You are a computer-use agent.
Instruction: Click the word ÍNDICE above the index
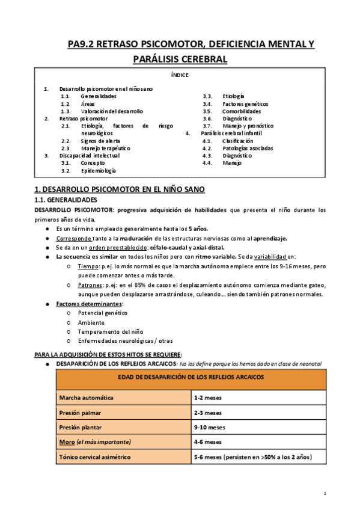click(180, 75)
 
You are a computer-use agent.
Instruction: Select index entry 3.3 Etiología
click(233, 96)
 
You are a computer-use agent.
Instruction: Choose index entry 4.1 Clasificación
click(238, 141)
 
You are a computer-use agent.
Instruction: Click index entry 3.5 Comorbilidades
click(242, 111)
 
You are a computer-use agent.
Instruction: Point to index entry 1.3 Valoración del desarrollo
click(112, 111)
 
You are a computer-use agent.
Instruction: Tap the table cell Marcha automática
click(85, 398)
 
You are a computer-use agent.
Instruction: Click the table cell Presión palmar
click(80, 413)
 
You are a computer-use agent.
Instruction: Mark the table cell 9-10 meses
click(209, 428)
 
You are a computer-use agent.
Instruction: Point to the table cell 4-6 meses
click(207, 442)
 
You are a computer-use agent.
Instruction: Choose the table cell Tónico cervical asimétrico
click(94, 457)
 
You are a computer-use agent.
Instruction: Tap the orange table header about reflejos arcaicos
click(191, 377)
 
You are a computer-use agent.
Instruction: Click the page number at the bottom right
click(325, 494)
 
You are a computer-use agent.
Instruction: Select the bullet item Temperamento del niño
click(108, 331)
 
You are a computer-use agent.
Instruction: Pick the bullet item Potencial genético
click(103, 313)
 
